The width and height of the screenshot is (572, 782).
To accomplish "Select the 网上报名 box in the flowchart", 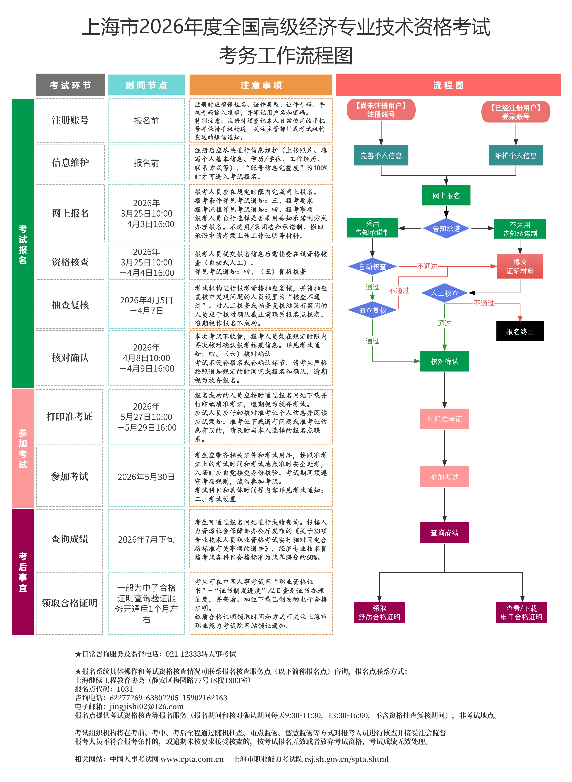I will (x=446, y=196).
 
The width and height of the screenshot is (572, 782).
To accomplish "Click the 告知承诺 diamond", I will (x=446, y=229).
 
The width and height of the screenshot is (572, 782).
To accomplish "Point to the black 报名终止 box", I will (x=520, y=332).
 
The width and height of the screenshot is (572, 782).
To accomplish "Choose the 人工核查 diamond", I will (x=445, y=293).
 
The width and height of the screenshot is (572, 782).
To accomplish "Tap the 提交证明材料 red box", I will (x=520, y=267).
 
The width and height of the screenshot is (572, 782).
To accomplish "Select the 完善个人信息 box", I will (x=381, y=156).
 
